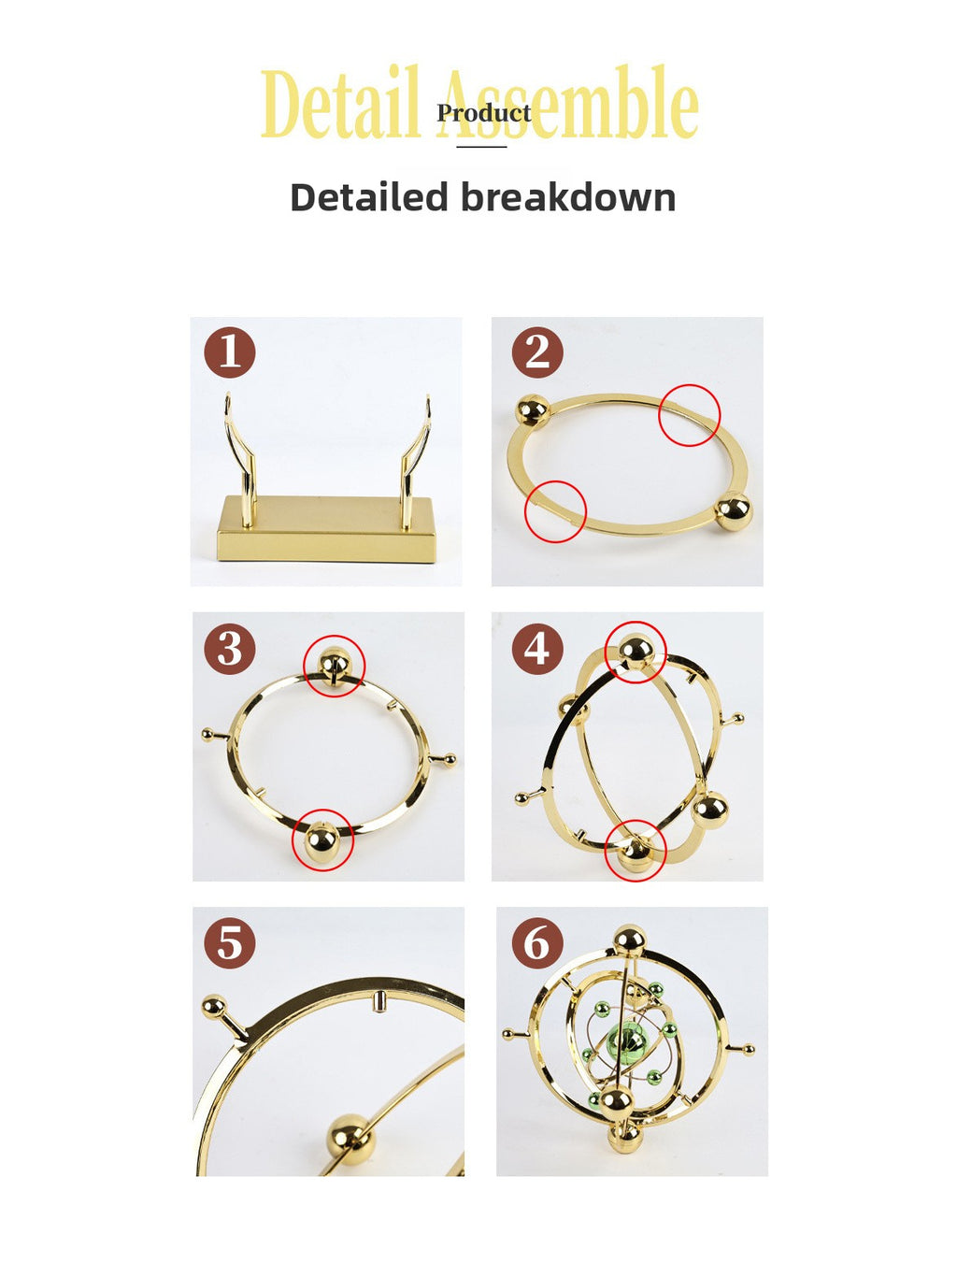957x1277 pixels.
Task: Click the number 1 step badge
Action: pos(230,352)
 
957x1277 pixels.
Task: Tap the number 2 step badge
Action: pos(537,352)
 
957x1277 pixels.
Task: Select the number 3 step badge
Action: pos(230,648)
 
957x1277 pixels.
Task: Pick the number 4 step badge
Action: pos(537,648)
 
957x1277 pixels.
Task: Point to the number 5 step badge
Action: pos(230,942)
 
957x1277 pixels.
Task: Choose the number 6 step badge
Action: pos(537,942)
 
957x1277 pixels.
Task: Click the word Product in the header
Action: pos(483,113)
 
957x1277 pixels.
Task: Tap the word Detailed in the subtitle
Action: pos(369,197)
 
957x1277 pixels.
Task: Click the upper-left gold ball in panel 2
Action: pos(533,411)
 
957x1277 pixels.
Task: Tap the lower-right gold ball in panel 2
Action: pos(733,511)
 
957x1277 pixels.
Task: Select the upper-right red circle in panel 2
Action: pos(690,414)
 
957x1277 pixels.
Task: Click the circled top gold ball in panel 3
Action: pos(334,665)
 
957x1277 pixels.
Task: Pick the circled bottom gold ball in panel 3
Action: pos(322,840)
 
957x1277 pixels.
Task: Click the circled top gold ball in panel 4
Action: pos(636,651)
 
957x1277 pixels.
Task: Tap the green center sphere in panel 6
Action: pos(626,1039)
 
